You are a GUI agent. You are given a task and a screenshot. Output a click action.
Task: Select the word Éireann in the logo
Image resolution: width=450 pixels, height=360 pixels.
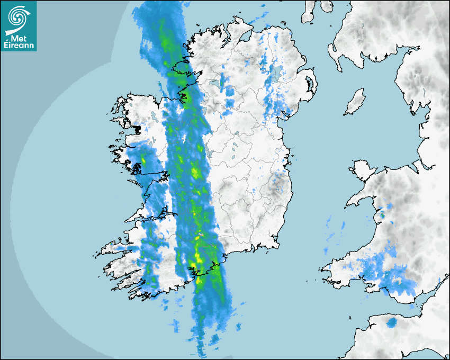pyautogui.click(x=19, y=46)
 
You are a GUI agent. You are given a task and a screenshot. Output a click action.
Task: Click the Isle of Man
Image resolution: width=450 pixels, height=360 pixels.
pyautogui.click(x=355, y=102)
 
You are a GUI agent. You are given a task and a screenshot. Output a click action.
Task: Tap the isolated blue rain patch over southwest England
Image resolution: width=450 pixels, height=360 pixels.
pyautogui.click(x=392, y=322)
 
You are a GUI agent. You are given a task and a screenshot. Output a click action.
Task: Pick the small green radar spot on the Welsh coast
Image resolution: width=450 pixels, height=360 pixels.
pyautogui.click(x=381, y=215)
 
